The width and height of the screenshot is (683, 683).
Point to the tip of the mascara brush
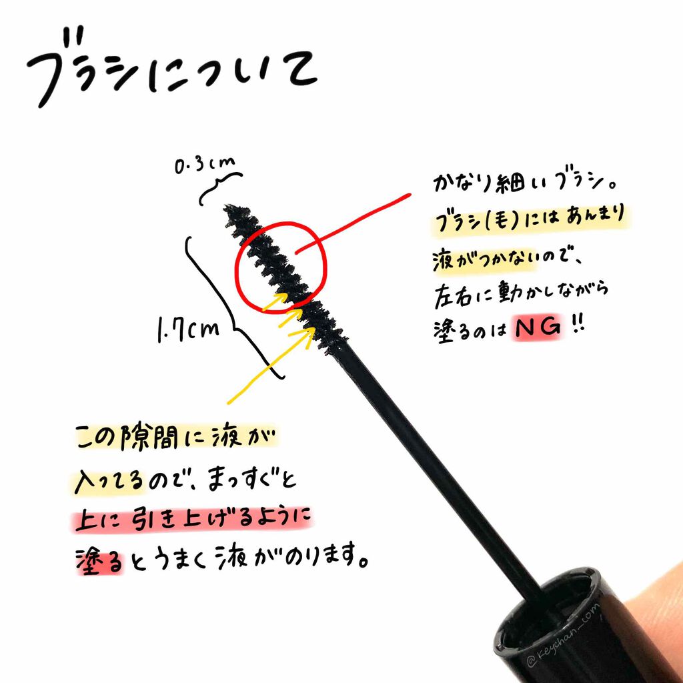click(231, 209)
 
